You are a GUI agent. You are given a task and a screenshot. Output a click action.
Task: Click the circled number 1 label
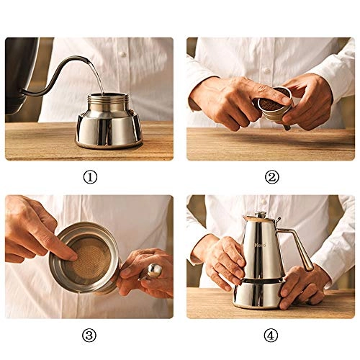click(x=89, y=177)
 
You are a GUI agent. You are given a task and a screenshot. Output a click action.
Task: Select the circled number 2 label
click(x=271, y=177)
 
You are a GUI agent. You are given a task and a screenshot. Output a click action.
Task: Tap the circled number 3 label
click(x=89, y=335)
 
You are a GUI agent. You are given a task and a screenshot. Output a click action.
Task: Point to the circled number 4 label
click(x=271, y=335)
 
